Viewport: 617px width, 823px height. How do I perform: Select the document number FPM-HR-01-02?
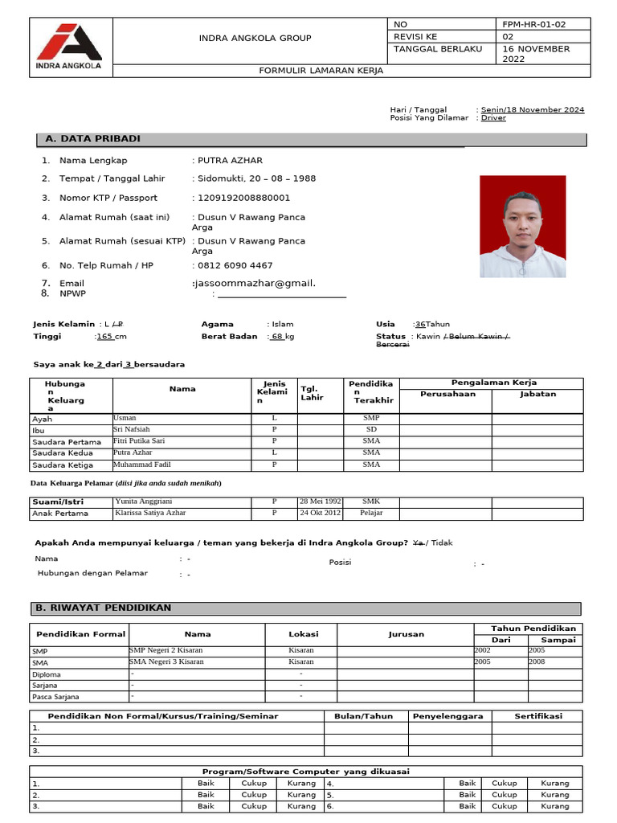point(533,24)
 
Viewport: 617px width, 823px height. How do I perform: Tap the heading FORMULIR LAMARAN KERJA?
point(321,71)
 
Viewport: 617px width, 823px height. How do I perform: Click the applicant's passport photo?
point(522,227)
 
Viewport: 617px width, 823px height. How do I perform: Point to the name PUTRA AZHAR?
point(230,161)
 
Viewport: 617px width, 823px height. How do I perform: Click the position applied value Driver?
point(493,118)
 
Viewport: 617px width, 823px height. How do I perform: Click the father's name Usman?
point(125,418)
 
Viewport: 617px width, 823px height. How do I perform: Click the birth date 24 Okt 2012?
point(320,512)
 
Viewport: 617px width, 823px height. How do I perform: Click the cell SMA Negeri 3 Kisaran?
point(166,661)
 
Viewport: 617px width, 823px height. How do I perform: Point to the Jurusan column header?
point(406,634)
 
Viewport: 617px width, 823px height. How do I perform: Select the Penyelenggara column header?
point(447,716)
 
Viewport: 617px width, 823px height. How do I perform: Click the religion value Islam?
point(282,324)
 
